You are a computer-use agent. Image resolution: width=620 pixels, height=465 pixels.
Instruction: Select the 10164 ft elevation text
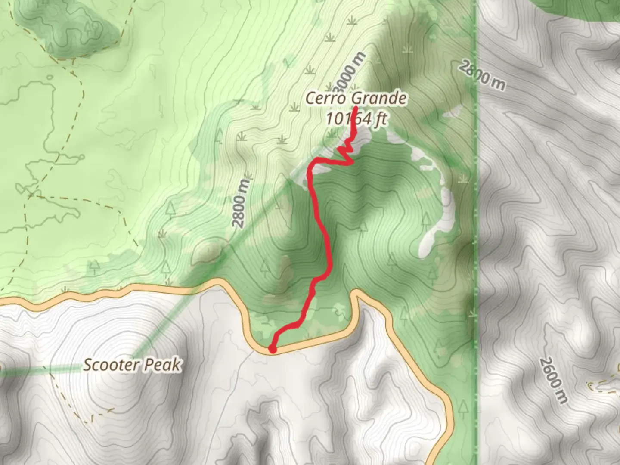pyautogui.click(x=356, y=118)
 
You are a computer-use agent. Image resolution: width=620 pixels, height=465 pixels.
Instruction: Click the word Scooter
pyautogui.click(x=111, y=365)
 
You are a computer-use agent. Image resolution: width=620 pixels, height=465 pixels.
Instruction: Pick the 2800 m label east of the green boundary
pyautogui.click(x=482, y=76)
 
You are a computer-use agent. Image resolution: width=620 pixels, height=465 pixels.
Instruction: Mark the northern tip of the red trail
pyautogui.click(x=356, y=107)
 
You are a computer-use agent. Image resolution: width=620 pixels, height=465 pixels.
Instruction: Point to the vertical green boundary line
pyautogui.click(x=476, y=215)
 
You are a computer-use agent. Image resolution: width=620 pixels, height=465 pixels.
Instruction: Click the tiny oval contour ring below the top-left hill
pyautogui.click(x=50, y=78)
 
